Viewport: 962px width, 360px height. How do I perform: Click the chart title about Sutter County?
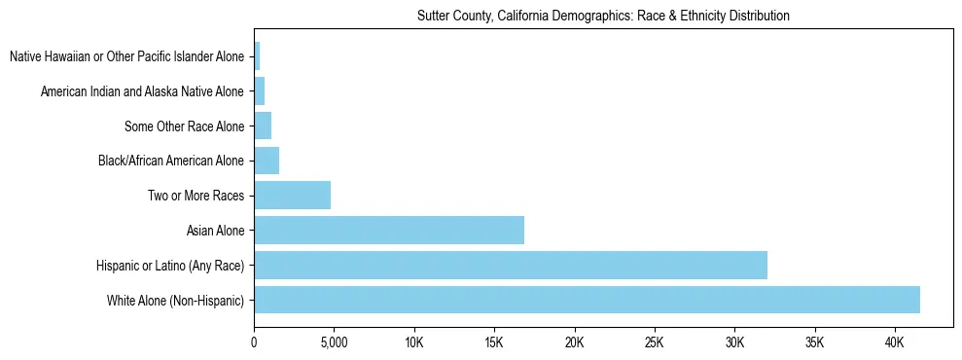point(603,16)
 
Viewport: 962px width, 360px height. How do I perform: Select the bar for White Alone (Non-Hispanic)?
point(587,300)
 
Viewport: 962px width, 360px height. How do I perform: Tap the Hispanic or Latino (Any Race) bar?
point(511,265)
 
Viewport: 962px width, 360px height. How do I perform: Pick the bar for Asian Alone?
point(389,230)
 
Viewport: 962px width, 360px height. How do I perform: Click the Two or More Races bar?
point(292,195)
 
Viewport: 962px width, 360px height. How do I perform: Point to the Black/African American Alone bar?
point(267,160)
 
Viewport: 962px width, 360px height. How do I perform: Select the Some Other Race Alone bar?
point(263,126)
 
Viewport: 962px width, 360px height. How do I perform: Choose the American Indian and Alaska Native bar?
point(260,90)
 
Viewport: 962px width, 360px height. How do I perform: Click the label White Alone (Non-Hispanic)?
point(176,301)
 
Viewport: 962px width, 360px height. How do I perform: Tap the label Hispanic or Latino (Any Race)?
point(170,266)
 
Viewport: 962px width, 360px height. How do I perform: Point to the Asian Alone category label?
point(216,231)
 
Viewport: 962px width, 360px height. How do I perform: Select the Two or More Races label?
point(196,196)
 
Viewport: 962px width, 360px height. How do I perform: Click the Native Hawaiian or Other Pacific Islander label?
point(126,56)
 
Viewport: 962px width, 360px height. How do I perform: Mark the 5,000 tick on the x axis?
point(334,342)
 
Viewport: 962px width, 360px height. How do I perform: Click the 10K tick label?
point(414,342)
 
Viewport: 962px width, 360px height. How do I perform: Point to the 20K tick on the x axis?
point(574,342)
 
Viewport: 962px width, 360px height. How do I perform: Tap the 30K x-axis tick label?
point(734,342)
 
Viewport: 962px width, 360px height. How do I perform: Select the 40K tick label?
point(894,342)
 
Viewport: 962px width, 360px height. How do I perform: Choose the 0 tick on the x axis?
point(254,342)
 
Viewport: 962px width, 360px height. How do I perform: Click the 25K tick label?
point(654,342)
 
